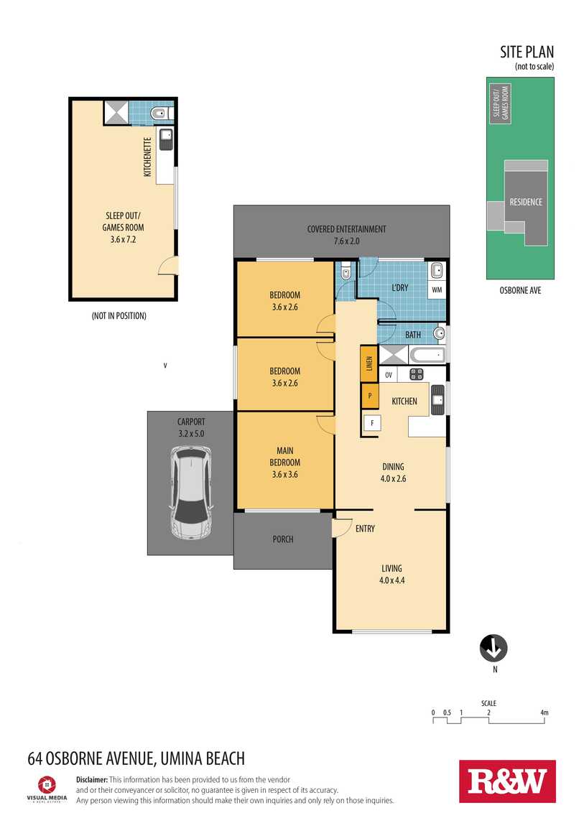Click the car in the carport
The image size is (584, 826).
pos(191,493)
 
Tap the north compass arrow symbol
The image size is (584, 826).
pos(493,648)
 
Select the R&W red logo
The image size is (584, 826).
pos(507,781)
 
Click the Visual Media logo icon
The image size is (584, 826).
pos(47,784)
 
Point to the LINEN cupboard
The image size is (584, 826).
pos(369,363)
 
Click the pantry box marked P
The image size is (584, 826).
pos(370,396)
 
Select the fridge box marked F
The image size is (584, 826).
pos(372,422)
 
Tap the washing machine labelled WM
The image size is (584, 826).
pos(437,289)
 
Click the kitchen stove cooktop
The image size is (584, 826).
pos(417,374)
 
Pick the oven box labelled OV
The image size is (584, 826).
pos(389,375)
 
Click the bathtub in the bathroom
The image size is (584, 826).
pos(427,355)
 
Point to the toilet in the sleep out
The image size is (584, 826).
pos(159,113)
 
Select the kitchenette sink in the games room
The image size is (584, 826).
pos(166,139)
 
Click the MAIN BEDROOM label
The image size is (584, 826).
pos(285,462)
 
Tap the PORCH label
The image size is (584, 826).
pos(283,539)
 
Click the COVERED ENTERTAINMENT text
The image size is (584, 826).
pos(346,229)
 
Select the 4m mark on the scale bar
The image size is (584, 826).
pos(544,713)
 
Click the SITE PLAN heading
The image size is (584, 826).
pos(527,52)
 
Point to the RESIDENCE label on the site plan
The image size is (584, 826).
pos(526,202)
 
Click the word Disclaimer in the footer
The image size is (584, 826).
pos(92,779)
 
